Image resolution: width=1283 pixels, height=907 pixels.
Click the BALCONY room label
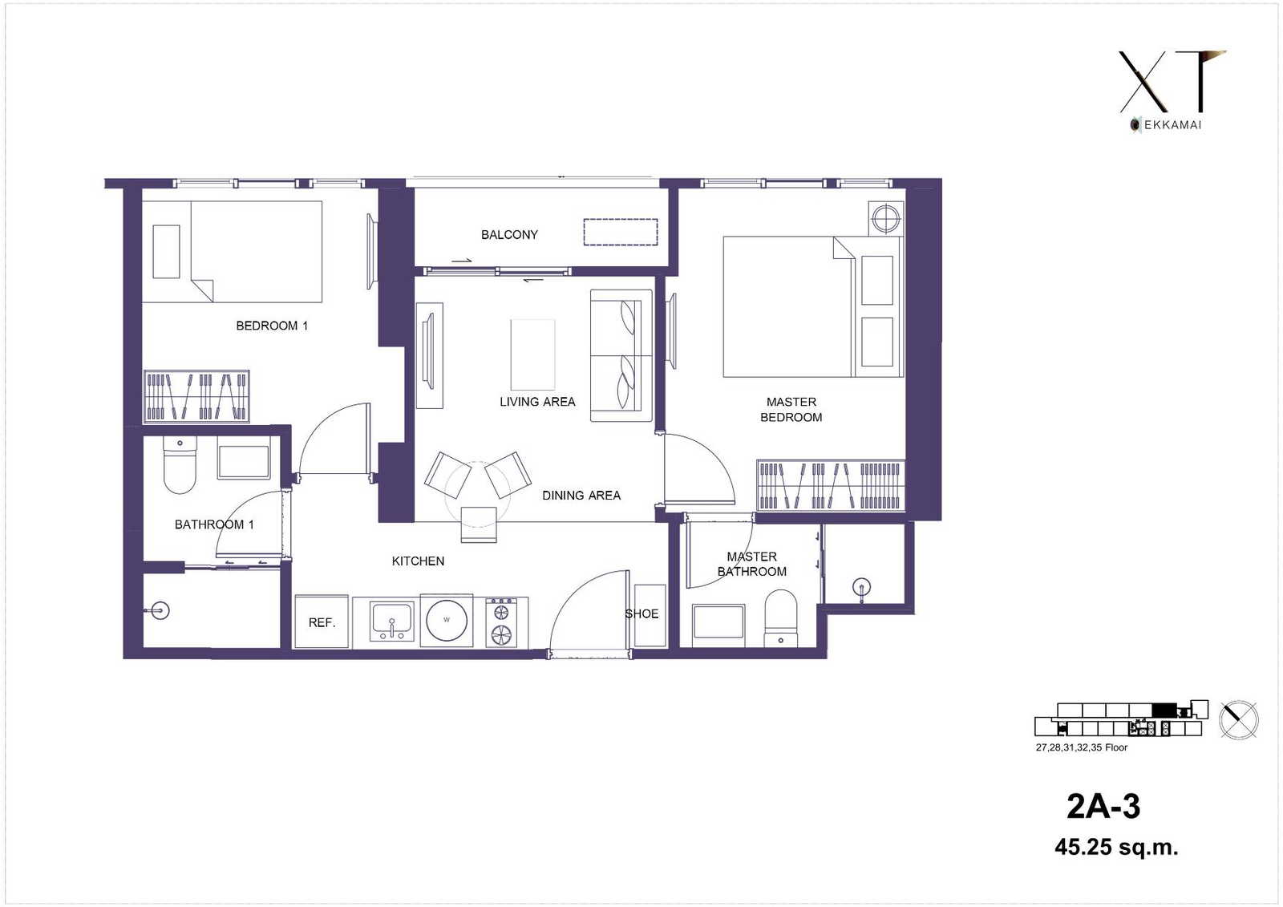[x=509, y=235]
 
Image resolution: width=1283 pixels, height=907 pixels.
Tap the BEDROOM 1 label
[x=272, y=326]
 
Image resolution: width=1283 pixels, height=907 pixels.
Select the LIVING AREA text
[x=537, y=402]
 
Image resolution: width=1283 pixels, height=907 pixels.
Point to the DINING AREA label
[x=581, y=495]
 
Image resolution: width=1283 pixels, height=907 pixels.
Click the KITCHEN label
[x=418, y=561]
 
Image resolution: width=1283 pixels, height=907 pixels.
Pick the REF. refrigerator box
[x=322, y=622]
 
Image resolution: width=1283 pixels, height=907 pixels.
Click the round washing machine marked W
[x=447, y=620]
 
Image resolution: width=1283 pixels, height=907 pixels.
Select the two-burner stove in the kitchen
[x=501, y=623]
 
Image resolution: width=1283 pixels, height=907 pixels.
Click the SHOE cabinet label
[x=641, y=613]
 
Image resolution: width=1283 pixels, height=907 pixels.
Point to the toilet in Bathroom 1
[x=180, y=464]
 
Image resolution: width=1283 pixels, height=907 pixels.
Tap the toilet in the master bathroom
[x=781, y=619]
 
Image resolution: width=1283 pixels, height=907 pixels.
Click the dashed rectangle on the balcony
[x=621, y=232]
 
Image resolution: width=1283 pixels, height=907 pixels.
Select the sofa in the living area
[x=621, y=356]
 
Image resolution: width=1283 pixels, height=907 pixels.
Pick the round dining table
[x=478, y=494]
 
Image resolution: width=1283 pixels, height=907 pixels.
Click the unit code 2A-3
[x=1103, y=806]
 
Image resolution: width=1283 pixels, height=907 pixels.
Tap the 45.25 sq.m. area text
[x=1116, y=846]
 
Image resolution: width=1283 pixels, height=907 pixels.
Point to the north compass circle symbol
[x=1239, y=719]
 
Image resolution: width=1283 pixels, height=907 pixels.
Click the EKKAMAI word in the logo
[x=1172, y=125]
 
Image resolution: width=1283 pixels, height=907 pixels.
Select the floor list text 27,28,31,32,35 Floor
[x=1082, y=747]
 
